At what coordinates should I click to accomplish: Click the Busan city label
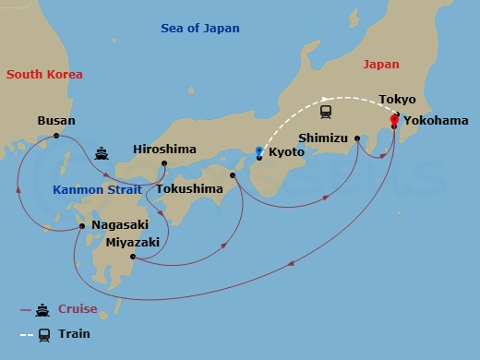coord(56,120)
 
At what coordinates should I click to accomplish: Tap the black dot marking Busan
coord(56,136)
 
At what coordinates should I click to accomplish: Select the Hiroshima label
coord(164,149)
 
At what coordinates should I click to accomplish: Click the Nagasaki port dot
coord(82,225)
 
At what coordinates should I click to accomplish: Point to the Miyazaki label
coord(132,242)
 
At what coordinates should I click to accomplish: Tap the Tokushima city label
coord(189,189)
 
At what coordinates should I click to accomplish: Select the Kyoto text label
coord(285,152)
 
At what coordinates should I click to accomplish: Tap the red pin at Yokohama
coord(394,119)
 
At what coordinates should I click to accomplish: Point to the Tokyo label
coord(397,99)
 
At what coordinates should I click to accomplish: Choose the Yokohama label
coord(435,120)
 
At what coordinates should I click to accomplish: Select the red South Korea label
coord(43,74)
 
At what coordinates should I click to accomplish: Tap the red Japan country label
coord(381,65)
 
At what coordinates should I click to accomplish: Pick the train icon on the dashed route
coord(326,112)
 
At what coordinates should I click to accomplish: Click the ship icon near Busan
coord(101,152)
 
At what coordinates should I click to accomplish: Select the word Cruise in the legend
coord(78,310)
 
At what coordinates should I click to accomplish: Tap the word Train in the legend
coord(74,334)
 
